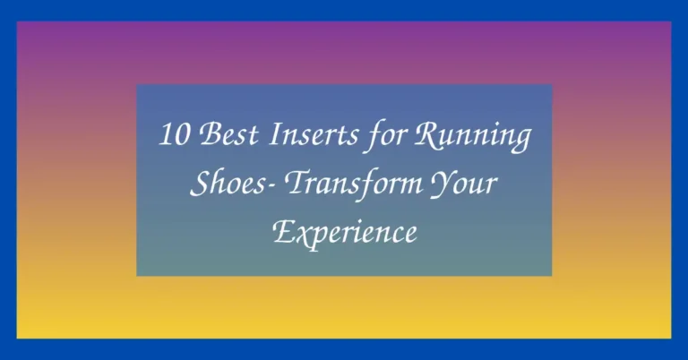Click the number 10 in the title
[x=172, y=138]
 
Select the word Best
[x=219, y=137]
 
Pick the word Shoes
[x=224, y=184]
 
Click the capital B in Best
[x=203, y=137]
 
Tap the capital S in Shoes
[x=199, y=184]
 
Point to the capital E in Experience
[x=281, y=231]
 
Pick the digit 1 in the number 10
[x=165, y=138]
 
